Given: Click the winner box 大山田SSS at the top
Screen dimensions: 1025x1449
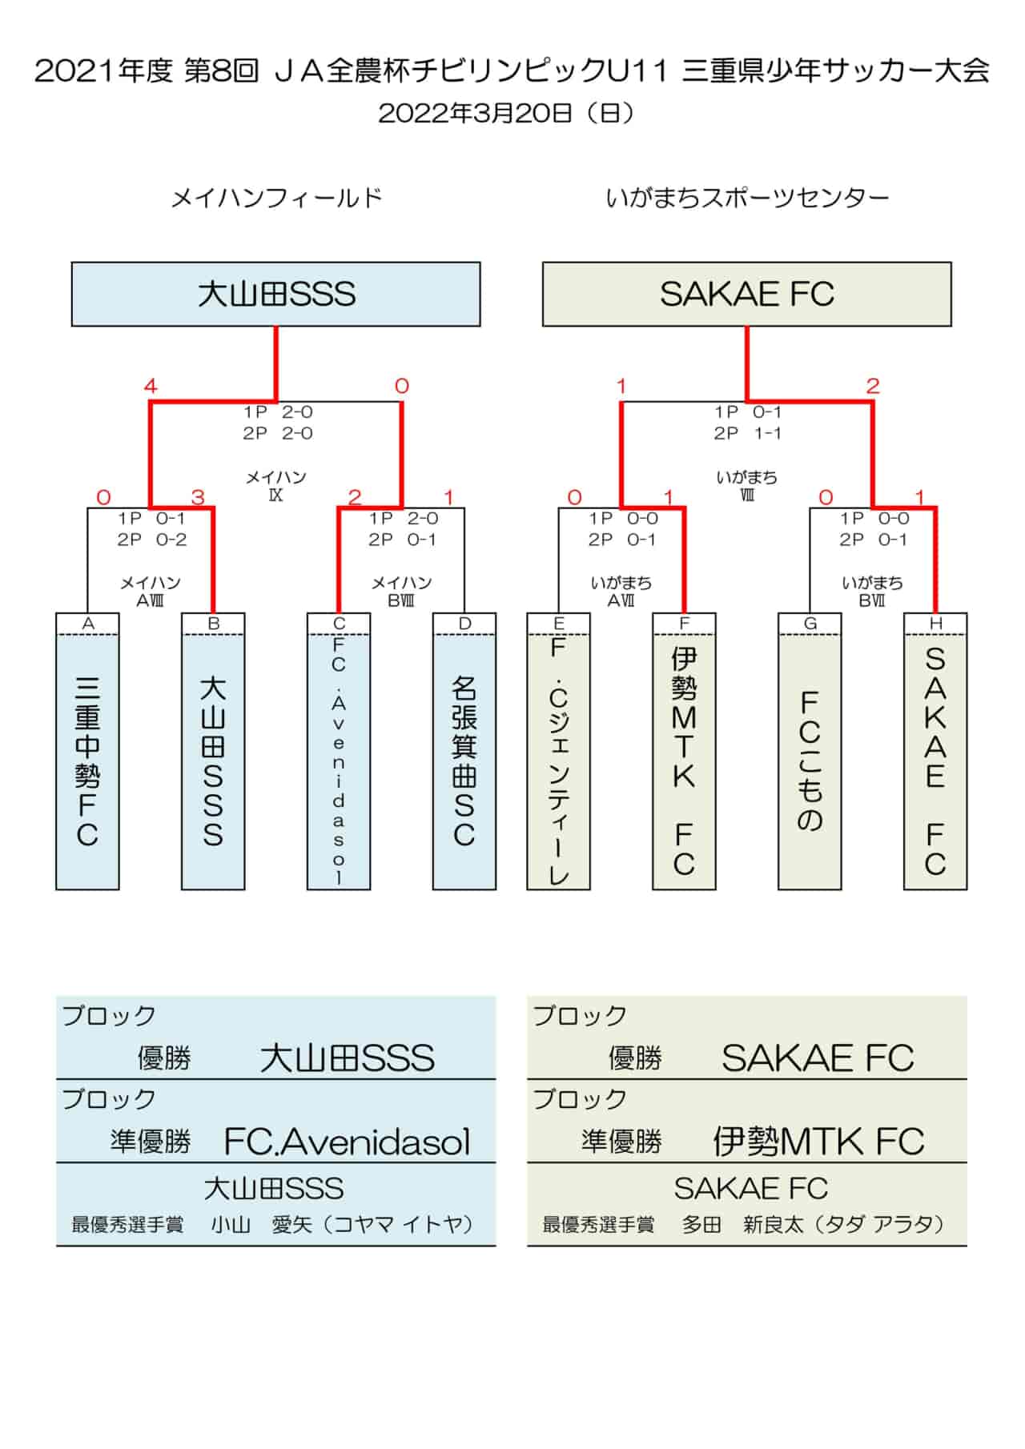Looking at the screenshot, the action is (275, 294).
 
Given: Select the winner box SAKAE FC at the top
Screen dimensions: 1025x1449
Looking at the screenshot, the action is (746, 294).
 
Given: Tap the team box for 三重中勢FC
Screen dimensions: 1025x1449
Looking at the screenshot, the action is (87, 752).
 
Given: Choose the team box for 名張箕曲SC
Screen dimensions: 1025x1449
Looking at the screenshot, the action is (464, 752).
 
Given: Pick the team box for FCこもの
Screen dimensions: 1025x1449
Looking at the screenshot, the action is (810, 752).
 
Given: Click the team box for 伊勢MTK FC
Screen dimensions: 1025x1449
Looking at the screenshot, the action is (684, 752).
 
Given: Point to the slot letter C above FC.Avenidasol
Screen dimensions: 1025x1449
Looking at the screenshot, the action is (339, 624).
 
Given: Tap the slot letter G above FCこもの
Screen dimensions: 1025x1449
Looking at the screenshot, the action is (810, 624).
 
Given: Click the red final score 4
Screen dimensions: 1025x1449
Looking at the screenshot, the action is (151, 387).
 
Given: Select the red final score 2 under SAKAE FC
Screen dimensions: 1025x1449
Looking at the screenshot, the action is (873, 387).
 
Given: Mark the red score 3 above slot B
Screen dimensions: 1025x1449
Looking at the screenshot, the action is (198, 497).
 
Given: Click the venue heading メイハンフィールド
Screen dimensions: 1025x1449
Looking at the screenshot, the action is (276, 198).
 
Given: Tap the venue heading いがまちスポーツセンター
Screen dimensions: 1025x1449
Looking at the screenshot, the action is (747, 198).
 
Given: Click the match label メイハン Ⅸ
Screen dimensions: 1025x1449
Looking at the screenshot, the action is (275, 486).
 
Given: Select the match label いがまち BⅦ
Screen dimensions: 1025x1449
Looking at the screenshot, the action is (872, 592).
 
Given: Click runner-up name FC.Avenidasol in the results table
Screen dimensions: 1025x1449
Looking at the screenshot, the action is (347, 1142).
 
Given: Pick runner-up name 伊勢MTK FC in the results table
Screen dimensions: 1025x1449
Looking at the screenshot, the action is (818, 1142).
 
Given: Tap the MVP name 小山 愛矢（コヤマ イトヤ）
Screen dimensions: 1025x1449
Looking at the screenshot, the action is (343, 1225).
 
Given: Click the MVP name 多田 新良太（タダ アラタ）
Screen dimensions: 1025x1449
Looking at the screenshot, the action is (814, 1225).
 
